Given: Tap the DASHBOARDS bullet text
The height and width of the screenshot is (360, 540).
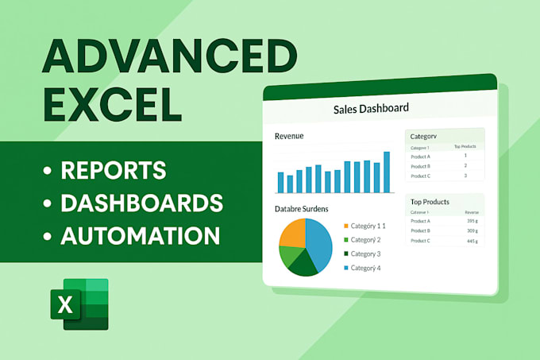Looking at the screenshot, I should (141, 203).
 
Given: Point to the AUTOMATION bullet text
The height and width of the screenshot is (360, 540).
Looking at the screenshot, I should (140, 235).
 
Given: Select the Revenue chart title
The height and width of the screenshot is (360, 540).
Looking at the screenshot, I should (289, 136).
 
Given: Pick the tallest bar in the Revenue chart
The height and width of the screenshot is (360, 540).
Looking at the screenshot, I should (387, 172).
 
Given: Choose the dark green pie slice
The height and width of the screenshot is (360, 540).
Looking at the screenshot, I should (302, 263).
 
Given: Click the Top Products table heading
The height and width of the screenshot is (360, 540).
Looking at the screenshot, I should (429, 202).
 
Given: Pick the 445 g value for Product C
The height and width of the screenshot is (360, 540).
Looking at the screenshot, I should (471, 241).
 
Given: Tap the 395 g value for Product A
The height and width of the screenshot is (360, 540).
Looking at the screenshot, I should (471, 222).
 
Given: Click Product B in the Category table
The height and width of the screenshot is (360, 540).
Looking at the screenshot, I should (421, 166).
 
